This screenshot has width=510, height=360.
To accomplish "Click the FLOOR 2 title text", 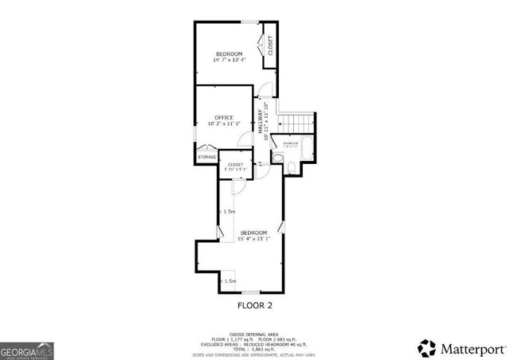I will coord(255,305).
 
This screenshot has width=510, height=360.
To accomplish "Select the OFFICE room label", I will coord(224,118).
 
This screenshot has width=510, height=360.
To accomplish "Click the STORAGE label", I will coord(207,157).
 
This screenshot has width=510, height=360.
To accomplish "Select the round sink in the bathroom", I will coord(277,157).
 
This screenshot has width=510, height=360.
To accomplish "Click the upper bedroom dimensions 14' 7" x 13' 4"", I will coord(229,60).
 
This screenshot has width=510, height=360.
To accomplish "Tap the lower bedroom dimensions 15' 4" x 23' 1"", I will coord(254,238).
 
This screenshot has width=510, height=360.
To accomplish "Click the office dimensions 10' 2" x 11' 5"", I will coord(224,124).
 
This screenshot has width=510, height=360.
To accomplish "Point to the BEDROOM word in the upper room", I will coord(229,53).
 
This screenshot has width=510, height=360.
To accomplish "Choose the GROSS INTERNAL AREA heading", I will coord(255,334).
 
